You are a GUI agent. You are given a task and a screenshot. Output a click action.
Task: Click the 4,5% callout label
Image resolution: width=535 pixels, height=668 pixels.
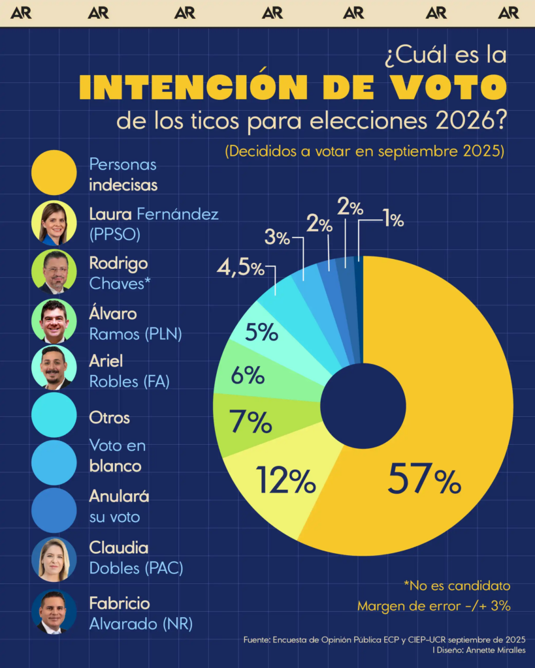click(240, 268)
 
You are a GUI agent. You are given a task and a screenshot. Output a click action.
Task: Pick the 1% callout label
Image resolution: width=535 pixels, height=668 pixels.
click(393, 220)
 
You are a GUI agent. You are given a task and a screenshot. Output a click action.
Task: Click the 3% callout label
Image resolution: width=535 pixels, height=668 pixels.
click(277, 237)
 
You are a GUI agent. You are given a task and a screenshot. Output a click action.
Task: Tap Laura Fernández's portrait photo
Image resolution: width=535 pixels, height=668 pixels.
click(54, 224)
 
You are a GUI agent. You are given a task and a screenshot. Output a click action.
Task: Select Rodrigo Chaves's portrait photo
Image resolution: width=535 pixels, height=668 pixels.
click(54, 272)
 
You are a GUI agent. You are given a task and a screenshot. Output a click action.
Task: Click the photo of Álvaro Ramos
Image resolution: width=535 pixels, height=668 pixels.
click(54, 321)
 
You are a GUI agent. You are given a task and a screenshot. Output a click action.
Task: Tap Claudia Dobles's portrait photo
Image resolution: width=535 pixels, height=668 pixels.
click(54, 559)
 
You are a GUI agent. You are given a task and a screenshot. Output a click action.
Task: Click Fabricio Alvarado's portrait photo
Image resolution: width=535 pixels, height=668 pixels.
click(54, 612)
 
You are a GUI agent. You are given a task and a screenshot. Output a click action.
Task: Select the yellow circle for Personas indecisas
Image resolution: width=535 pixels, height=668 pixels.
click(54, 173)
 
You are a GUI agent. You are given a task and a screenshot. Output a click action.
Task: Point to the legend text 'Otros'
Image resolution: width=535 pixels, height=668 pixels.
click(110, 417)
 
